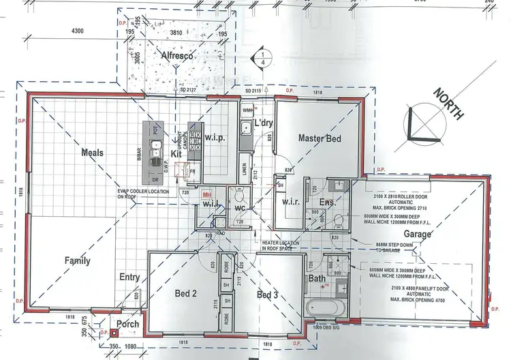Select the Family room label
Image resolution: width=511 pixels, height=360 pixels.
[x=78, y=260]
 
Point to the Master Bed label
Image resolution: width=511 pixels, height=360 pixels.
[x=319, y=138]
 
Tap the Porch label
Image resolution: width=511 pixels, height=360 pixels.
[x=127, y=325]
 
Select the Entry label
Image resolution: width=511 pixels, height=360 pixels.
[x=129, y=277]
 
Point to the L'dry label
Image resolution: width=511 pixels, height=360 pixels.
[x=263, y=123]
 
